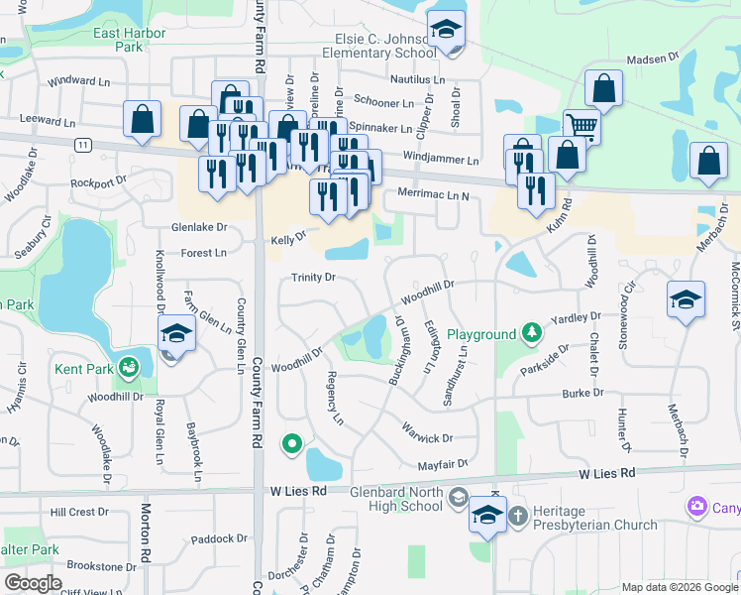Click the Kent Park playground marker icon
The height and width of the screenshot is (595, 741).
tap(129, 369)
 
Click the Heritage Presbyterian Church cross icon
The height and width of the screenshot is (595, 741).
tap(517, 516)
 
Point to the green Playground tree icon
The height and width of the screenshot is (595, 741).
tap(532, 329)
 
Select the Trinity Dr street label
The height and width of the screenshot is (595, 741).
tap(313, 277)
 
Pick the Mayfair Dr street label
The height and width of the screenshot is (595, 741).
tap(442, 462)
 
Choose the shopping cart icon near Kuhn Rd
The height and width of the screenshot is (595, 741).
tap(582, 127)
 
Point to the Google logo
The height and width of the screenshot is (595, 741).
tap(33, 583)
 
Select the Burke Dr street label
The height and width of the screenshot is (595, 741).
tap(583, 394)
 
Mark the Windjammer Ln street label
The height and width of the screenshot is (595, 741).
tap(441, 160)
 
